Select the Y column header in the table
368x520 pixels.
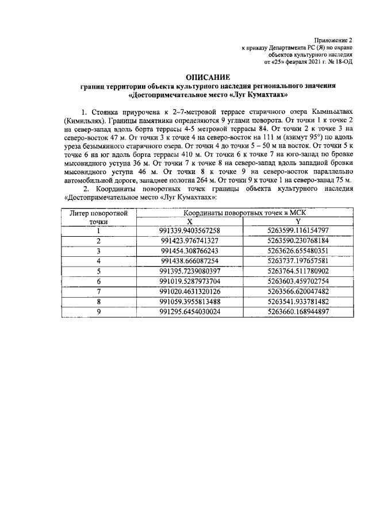(297, 221)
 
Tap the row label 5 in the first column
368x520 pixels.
(98, 271)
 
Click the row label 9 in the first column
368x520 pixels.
(98, 311)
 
